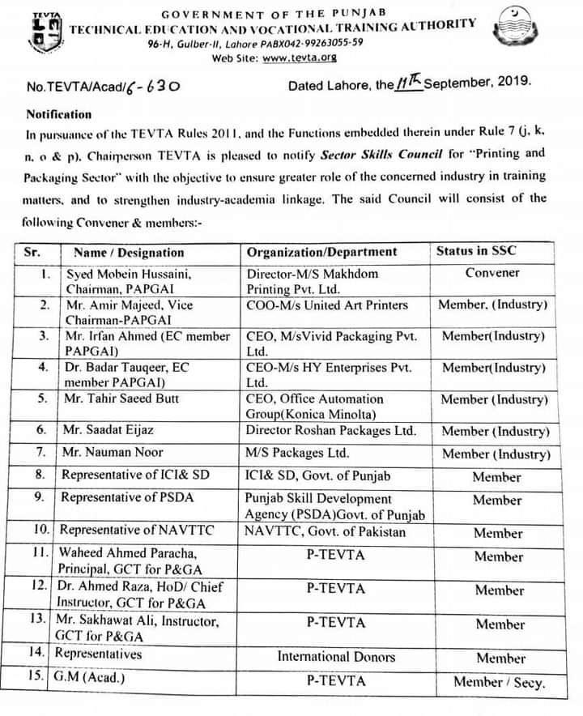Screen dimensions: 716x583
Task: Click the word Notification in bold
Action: tap(59, 114)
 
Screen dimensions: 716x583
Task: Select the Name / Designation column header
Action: tap(129, 252)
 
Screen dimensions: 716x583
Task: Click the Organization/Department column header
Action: tap(321, 252)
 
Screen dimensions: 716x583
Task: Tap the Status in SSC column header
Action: tap(475, 251)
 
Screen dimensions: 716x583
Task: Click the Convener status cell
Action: tap(492, 273)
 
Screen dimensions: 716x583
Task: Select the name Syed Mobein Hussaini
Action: tap(128, 274)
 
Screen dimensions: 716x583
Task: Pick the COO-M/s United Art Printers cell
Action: tap(327, 305)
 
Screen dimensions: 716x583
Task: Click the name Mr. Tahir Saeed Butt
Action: tap(121, 398)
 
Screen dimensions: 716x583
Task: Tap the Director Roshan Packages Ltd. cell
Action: tap(331, 430)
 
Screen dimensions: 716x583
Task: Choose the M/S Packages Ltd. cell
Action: tap(297, 452)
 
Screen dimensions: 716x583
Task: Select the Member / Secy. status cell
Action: tap(499, 682)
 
